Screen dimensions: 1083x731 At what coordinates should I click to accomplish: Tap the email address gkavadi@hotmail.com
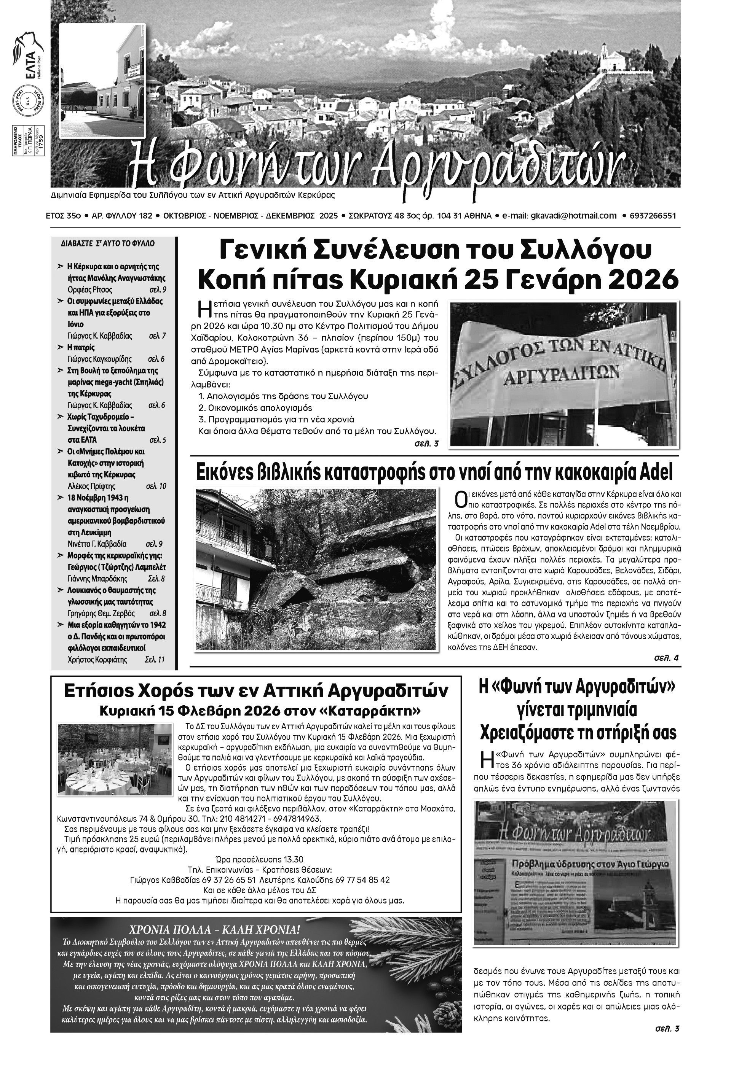pyautogui.click(x=573, y=216)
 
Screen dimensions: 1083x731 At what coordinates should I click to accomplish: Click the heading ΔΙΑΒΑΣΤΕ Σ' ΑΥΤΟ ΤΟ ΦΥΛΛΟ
pyautogui.click(x=108, y=243)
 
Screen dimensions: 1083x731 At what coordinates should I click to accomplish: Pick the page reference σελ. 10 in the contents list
pyautogui.click(x=156, y=486)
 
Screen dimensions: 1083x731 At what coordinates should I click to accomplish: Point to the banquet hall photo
pyautogui.click(x=114, y=759)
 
